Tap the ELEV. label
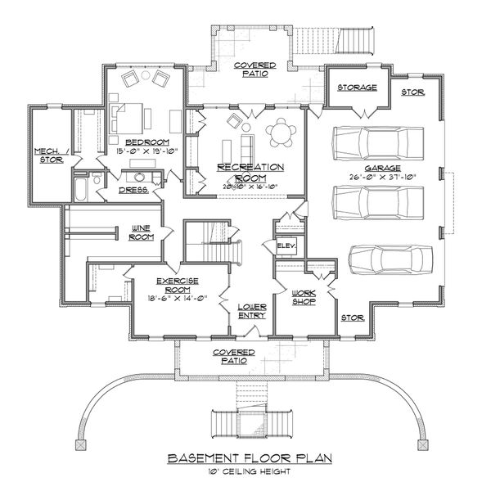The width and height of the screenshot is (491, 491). (x=286, y=245)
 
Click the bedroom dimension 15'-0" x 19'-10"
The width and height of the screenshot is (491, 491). (x=140, y=128)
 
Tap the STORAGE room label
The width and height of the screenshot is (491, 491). (x=359, y=87)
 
